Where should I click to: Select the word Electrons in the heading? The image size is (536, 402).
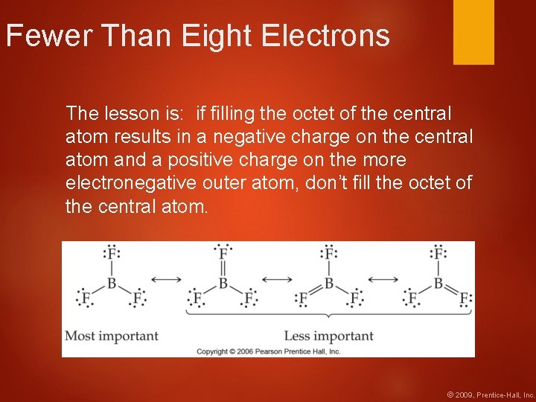327,35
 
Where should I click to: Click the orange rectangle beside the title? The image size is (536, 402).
473,31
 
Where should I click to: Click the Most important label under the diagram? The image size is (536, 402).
112,336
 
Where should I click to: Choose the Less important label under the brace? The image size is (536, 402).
329,336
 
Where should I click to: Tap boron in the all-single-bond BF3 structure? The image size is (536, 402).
112,283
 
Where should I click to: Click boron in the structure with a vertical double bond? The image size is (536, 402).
223,283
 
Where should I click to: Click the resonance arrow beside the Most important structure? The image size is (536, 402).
166,280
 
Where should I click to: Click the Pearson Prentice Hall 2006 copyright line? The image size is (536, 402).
268,351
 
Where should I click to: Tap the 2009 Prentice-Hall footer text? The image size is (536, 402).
490,394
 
